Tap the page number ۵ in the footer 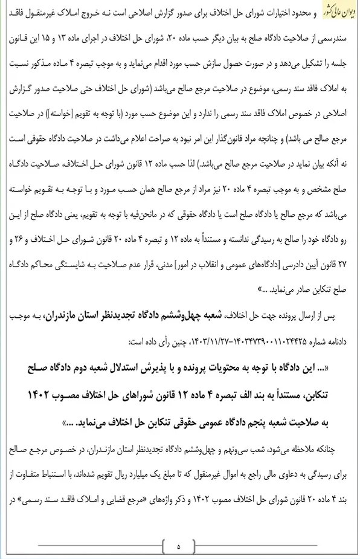pyautogui.click(x=179, y=547)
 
